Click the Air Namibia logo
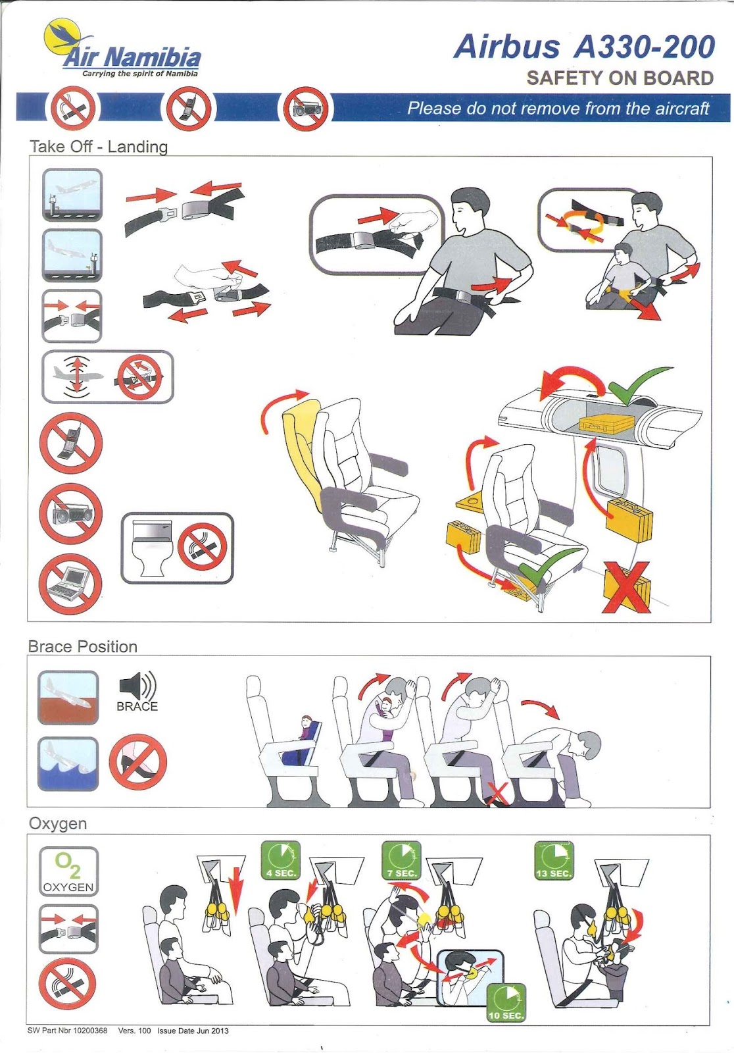tap(122, 49)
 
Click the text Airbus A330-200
tap(584, 47)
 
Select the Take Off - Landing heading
tap(99, 146)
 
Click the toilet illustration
tap(152, 548)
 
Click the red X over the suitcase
tap(626, 587)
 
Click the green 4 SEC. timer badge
tap(281, 860)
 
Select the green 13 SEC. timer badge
tap(554, 860)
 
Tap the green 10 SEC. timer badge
tap(506, 1002)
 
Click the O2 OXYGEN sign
tap(68, 871)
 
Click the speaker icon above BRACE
tap(137, 685)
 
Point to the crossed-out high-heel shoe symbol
tap(137, 762)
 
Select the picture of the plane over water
tap(68, 763)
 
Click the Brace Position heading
tap(83, 646)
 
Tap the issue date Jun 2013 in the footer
tap(193, 1031)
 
